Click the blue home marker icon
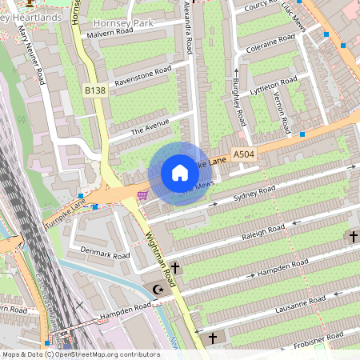[180, 173]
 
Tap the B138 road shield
[95, 91]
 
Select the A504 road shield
[244, 154]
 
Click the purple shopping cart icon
[142, 194]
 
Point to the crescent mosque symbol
[157, 289]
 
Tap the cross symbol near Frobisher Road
[213, 338]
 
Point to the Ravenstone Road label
[143, 77]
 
